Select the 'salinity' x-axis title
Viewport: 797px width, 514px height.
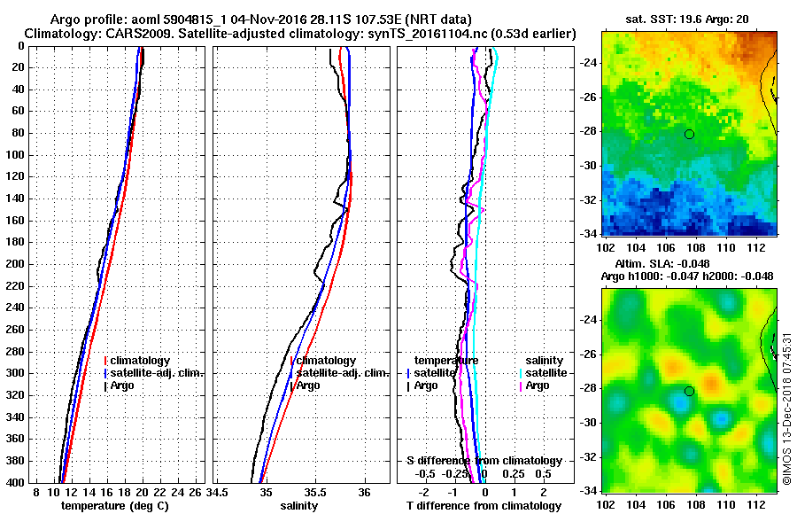click(299, 506)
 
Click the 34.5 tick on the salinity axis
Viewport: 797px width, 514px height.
click(220, 493)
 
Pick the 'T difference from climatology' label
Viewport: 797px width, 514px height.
click(484, 506)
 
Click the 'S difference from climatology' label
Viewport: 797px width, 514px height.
click(484, 461)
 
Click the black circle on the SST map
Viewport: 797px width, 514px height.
click(689, 134)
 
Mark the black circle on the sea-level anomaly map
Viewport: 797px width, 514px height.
click(689, 391)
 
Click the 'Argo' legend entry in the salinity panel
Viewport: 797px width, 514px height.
click(308, 385)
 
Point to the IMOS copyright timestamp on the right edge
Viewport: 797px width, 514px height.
click(786, 409)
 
